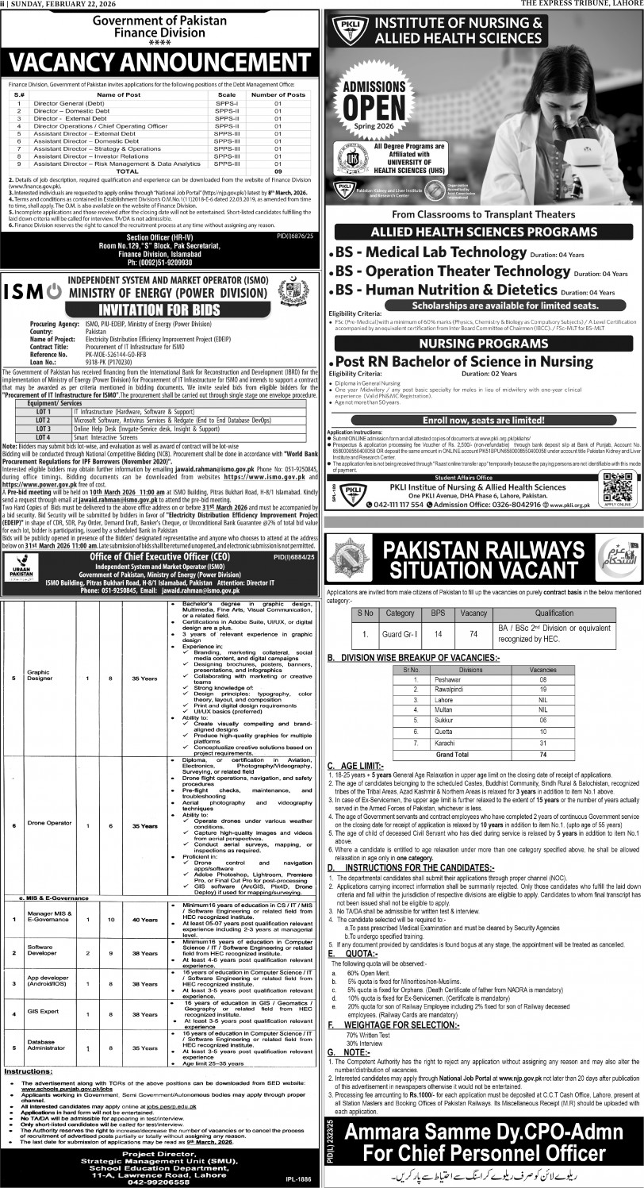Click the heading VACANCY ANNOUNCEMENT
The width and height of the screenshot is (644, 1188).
point(160,61)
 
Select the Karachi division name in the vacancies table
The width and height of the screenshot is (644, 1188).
point(447,742)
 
